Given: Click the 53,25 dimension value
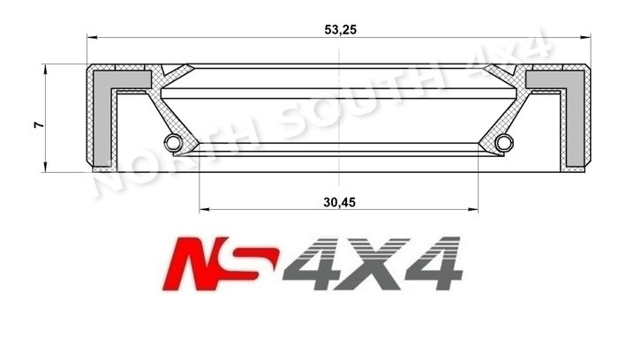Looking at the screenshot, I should point(341,28).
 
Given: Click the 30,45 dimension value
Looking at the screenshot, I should point(339,201).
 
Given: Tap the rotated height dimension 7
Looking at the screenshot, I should point(38,125).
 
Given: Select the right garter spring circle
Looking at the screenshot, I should point(503,143).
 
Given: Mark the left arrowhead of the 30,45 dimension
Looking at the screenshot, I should point(205,210).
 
